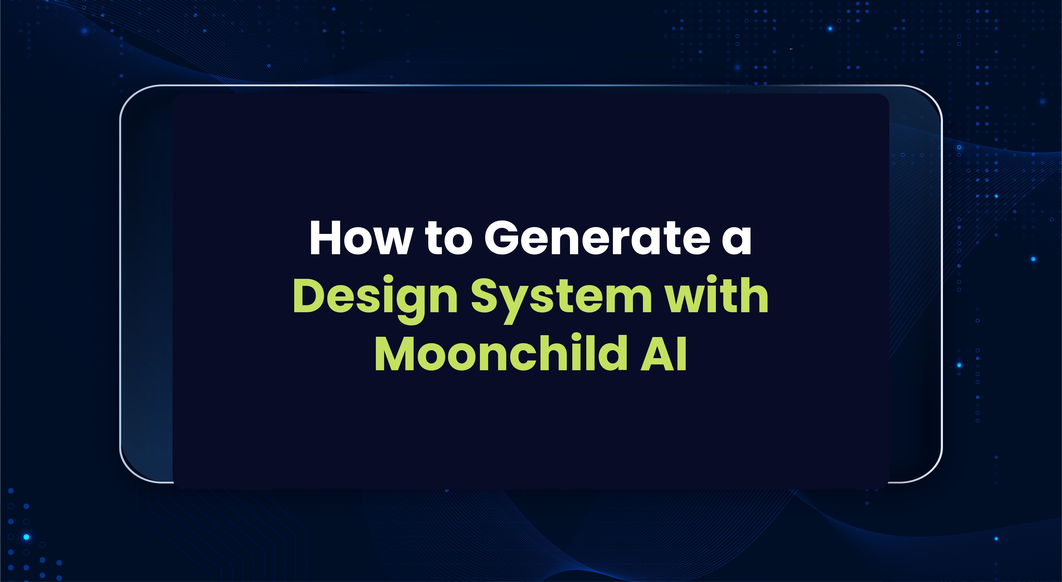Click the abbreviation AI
(x=664, y=354)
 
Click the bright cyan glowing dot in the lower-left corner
(x=26, y=537)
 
